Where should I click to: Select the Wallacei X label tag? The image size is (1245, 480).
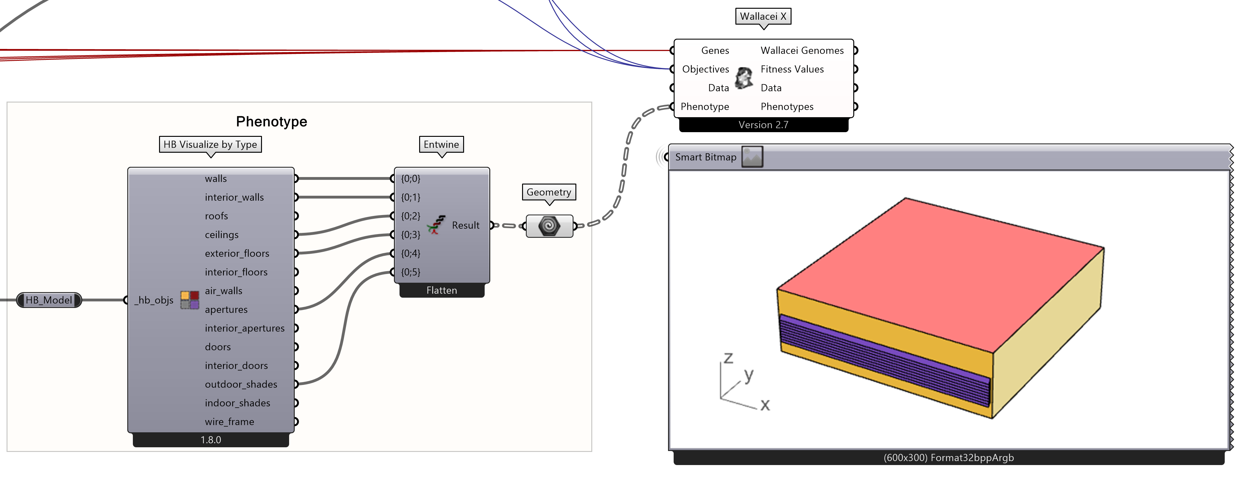[763, 17]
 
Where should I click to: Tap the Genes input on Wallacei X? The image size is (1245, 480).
[715, 50]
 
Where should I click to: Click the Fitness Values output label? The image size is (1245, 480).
[792, 69]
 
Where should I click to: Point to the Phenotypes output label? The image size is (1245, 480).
[787, 107]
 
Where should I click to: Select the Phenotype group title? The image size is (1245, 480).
[271, 121]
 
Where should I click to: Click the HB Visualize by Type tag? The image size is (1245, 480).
[210, 144]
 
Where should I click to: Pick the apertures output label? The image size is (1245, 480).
[226, 310]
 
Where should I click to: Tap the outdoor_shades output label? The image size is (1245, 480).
[241, 384]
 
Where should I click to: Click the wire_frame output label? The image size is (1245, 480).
[229, 422]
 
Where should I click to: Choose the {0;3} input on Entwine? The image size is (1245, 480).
[410, 235]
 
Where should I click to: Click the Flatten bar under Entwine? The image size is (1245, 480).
[441, 290]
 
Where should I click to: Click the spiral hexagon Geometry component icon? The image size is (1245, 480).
[549, 226]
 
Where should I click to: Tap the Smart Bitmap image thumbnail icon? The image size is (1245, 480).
[752, 157]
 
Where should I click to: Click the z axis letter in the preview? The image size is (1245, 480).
[728, 358]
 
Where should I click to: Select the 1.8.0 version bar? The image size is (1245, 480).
[211, 440]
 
